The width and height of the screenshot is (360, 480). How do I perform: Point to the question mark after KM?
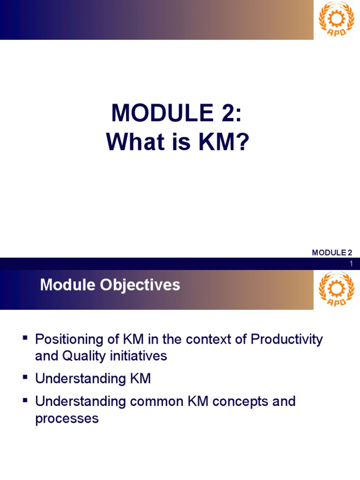point(239,142)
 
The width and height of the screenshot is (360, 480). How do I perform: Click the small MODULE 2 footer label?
point(332,253)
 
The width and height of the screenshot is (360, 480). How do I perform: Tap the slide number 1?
point(351,265)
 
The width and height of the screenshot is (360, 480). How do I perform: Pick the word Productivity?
point(287,339)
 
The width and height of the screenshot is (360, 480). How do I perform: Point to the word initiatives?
point(138,356)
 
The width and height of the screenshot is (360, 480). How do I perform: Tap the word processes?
point(67,419)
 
